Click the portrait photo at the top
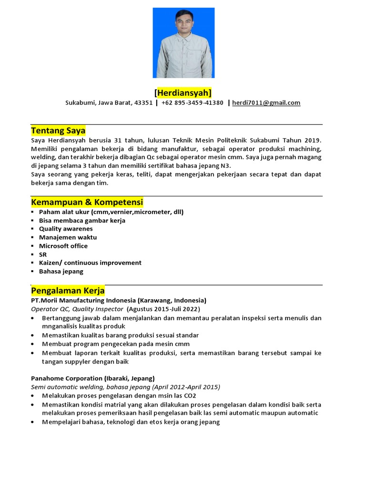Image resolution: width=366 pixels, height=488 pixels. [183, 43]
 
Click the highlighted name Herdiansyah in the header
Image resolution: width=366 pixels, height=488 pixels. [183, 92]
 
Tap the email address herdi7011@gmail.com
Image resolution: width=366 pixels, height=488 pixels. [266, 103]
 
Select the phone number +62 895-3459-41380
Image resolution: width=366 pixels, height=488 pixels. [192, 103]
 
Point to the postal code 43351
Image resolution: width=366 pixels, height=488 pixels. [143, 103]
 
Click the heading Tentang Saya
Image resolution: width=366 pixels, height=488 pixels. [58, 131]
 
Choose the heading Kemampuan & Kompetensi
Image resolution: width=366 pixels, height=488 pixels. [87, 202]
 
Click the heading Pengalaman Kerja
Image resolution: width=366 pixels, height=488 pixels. [68, 291]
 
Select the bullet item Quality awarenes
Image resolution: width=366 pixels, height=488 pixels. [66, 229]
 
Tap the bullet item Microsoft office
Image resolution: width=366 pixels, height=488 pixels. [63, 246]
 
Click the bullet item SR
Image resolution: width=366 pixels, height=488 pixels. [43, 254]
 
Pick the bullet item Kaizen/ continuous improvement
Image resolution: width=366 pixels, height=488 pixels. [90, 263]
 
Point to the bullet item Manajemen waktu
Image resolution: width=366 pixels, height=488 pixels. [68, 237]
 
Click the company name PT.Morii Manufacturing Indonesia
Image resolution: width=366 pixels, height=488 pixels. [84, 301]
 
